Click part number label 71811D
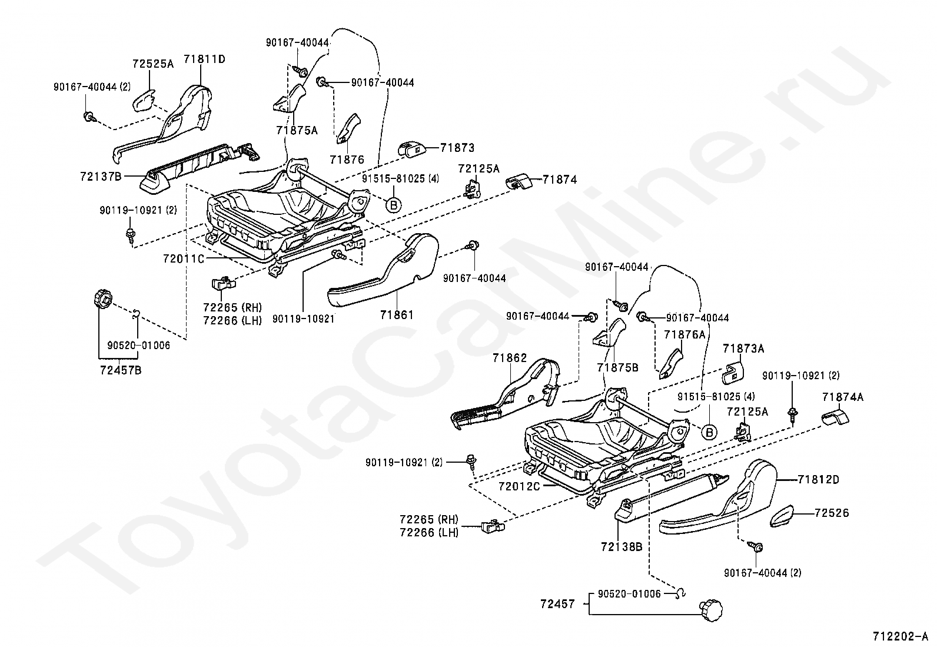point(204,59)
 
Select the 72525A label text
point(153,64)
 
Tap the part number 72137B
point(101,176)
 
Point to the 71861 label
point(397,315)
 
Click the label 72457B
point(121,370)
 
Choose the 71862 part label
point(510,357)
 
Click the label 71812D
point(818,479)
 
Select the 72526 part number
point(832,513)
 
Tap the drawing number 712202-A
point(900,636)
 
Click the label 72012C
point(519,487)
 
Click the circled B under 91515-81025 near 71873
point(393,204)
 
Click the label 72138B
point(622,546)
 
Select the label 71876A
point(684,334)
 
